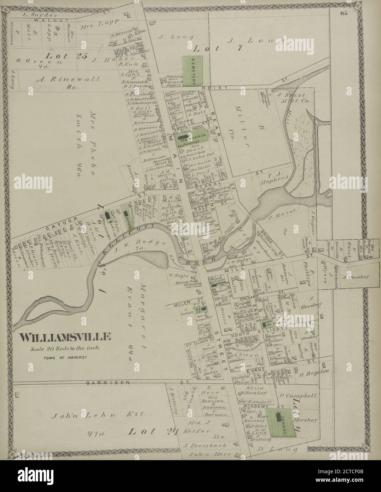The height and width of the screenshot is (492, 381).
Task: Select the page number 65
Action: point(344,14)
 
